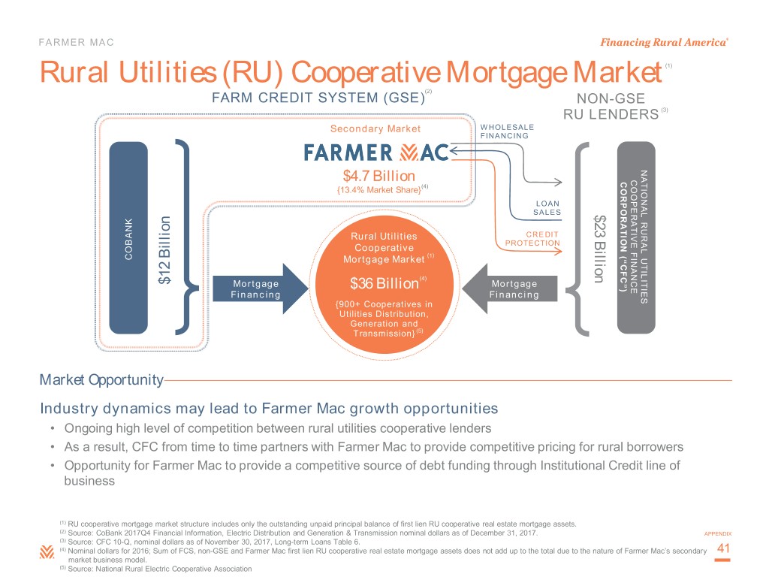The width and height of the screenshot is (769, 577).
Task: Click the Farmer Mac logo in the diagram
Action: [x=376, y=153]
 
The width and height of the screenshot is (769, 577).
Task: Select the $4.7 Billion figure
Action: [x=374, y=177]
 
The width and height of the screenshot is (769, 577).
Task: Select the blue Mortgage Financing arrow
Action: [x=264, y=289]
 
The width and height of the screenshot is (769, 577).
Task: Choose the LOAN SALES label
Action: [x=547, y=208]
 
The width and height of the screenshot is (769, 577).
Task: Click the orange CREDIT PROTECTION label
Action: [x=533, y=239]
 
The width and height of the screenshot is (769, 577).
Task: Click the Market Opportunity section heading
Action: [x=101, y=380]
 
